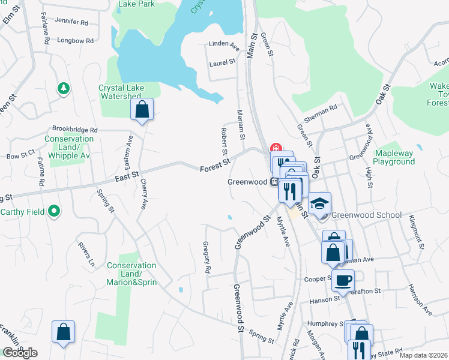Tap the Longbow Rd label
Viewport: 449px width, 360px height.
coord(76,41)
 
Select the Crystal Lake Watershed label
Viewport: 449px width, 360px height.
coord(122,92)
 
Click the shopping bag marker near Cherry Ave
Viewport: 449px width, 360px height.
coord(142,110)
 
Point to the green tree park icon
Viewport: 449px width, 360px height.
coord(63,89)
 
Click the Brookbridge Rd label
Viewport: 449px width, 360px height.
coord(74,130)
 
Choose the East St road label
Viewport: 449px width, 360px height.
coord(127,176)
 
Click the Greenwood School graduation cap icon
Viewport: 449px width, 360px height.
coord(320,202)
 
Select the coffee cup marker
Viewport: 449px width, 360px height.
coord(343,280)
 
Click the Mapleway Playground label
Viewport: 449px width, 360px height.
coord(394,157)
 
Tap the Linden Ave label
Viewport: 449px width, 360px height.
coord(224,44)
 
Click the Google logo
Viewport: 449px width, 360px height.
coord(20,353)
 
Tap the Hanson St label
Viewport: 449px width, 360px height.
coord(321,300)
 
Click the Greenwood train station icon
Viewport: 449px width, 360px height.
coord(274,181)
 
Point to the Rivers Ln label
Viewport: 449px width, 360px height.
coord(85,254)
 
